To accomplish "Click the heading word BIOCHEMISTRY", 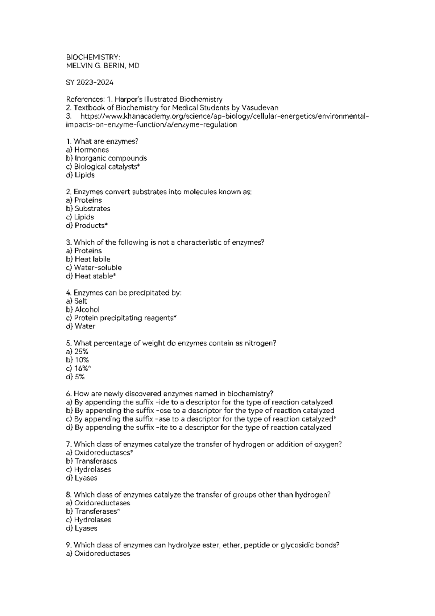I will (x=92, y=57).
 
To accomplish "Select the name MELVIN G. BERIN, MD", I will (x=103, y=66).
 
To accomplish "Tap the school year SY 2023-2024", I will (x=90, y=82).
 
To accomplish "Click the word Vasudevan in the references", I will (x=260, y=108).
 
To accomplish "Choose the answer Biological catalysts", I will (x=107, y=167).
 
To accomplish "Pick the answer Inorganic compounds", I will (x=111, y=158).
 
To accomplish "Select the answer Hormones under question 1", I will (x=91, y=150).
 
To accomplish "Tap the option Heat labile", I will (x=92, y=259).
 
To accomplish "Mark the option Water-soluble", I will (x=98, y=268).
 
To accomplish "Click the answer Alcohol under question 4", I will (x=87, y=310).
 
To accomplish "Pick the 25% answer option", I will (x=81, y=352).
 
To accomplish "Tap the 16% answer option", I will (x=81, y=368).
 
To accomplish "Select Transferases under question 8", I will (x=96, y=511).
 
